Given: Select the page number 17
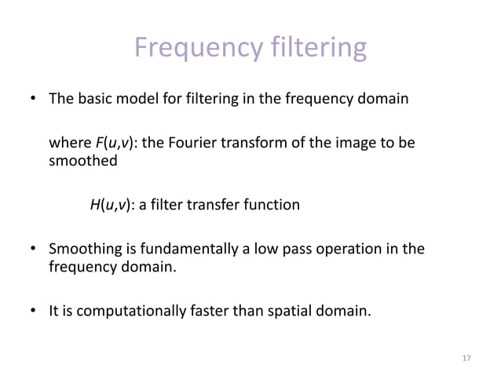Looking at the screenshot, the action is click(x=466, y=359).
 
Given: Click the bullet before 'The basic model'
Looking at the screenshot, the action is click(x=33, y=100).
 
